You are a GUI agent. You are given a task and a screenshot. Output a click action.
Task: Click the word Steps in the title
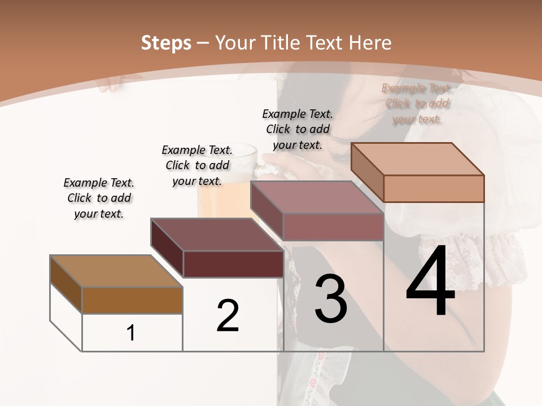click(165, 43)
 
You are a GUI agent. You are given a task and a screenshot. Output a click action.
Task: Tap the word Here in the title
click(370, 43)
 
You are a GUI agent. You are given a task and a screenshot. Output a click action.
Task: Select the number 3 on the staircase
click(331, 299)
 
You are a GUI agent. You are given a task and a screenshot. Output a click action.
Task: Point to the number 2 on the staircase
click(228, 316)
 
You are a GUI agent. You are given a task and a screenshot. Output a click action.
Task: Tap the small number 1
click(131, 333)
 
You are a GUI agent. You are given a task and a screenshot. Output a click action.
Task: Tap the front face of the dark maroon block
click(233, 264)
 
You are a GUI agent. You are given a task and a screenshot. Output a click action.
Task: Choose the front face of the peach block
click(434, 188)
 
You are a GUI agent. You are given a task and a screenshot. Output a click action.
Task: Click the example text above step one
click(99, 198)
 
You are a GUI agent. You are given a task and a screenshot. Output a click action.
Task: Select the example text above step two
click(197, 165)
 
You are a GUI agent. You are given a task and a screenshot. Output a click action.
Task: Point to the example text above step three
click(298, 129)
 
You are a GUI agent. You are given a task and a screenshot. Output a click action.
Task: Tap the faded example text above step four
click(417, 104)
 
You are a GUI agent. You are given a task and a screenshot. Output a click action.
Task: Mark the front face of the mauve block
click(333, 227)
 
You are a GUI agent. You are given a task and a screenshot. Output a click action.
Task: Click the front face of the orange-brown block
click(132, 300)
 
